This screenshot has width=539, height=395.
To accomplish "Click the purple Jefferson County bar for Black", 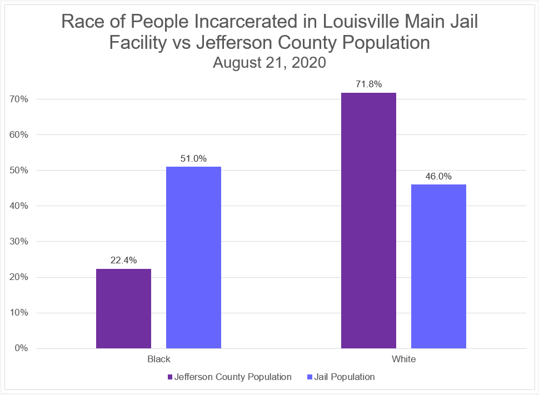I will (123, 308).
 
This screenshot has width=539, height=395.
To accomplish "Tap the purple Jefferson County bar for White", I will (368, 221).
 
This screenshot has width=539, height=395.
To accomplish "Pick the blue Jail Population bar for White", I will (438, 266).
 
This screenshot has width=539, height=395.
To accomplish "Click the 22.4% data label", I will (123, 259).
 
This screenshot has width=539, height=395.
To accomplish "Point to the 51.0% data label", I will (193, 158).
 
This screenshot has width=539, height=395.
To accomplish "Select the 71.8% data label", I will (368, 84).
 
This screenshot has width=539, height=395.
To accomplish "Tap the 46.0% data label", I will (438, 176).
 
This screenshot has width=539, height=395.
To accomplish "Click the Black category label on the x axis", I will (158, 359).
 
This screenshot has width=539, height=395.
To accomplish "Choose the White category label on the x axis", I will (403, 359).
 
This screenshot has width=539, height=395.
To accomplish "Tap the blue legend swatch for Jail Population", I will (310, 377).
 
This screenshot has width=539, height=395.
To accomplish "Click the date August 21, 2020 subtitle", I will (269, 62).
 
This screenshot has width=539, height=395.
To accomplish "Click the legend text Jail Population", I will (344, 377).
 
